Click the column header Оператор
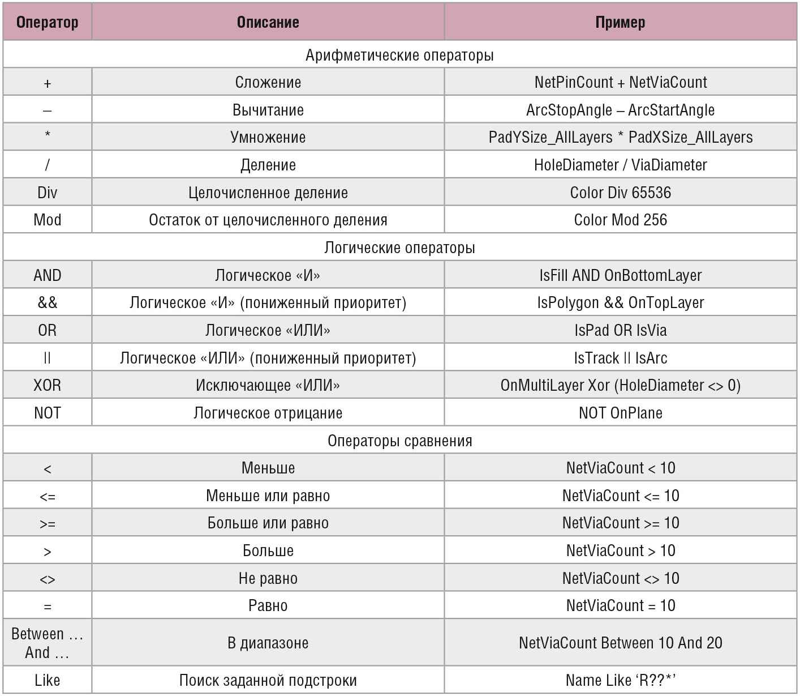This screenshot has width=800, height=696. tap(48, 22)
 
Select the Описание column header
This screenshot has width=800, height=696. tap(268, 22)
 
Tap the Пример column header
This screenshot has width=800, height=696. tap(621, 22)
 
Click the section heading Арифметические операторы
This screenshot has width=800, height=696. tap(399, 55)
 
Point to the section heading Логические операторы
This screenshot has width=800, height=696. tap(399, 247)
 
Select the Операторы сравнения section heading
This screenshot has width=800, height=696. tap(399, 441)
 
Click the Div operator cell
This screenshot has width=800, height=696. tap(48, 193)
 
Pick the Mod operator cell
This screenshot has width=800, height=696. tap(48, 220)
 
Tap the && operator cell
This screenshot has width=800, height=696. tap(48, 302)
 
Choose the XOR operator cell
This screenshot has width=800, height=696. tap(48, 385)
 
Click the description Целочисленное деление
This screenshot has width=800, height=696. tap(268, 193)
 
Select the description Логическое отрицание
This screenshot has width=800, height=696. tap(268, 413)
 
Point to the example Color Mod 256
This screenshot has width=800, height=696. tap(621, 220)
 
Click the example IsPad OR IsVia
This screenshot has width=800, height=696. tap(621, 330)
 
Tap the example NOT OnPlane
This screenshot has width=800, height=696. tap(621, 413)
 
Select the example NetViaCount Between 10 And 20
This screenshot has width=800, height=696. tap(621, 642)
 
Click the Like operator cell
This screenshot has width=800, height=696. tap(48, 680)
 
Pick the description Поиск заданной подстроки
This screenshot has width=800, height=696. tap(268, 681)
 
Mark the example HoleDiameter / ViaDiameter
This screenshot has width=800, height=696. tap(621, 165)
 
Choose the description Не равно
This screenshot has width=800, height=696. tap(268, 578)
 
